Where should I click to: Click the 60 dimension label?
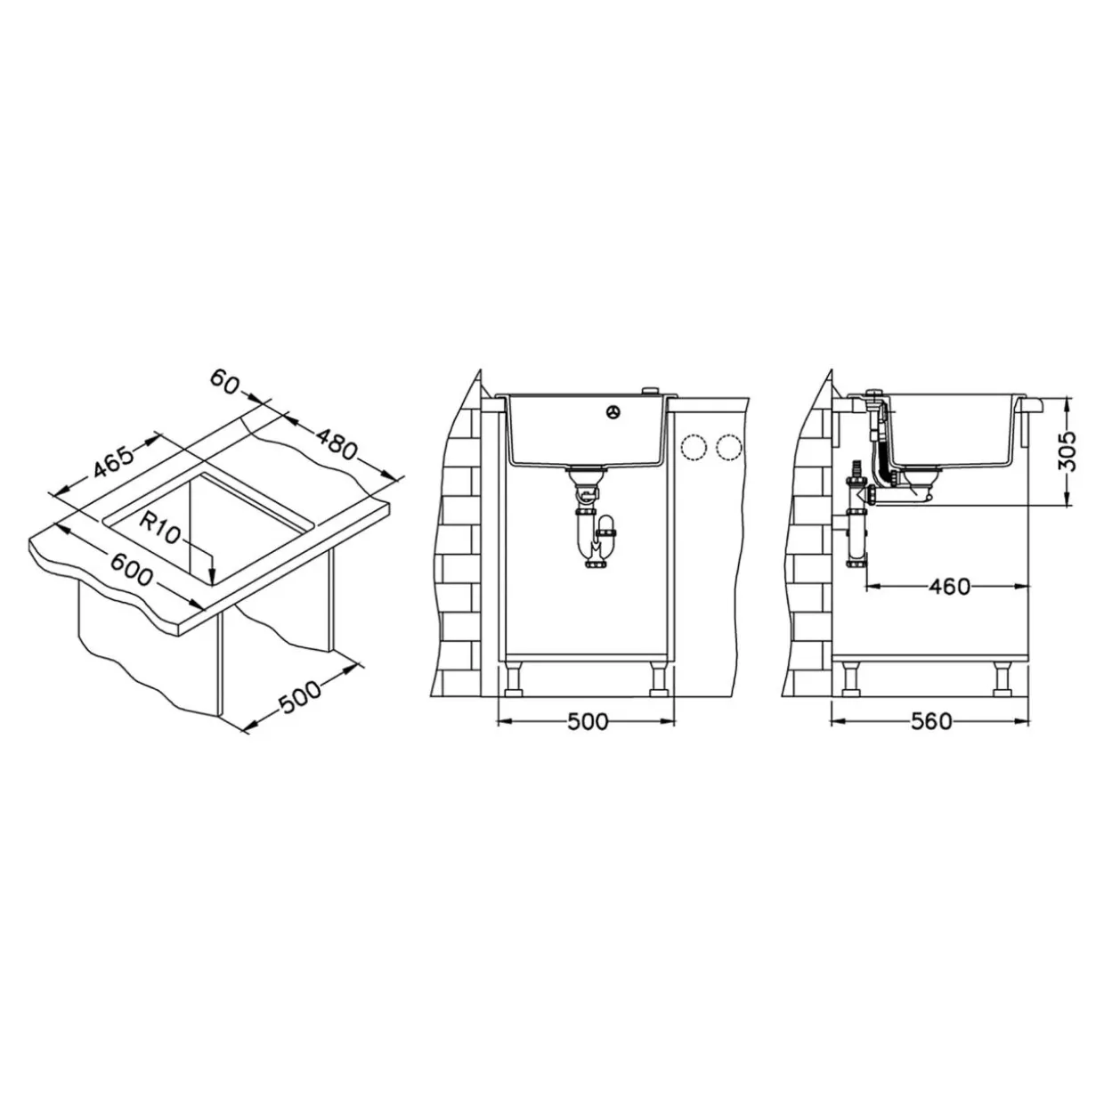[223, 382]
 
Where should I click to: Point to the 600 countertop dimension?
[131, 568]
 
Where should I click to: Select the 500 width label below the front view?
[588, 722]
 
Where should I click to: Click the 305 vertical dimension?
[1067, 451]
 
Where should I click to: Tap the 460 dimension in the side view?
[949, 587]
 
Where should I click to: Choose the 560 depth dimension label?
[931, 722]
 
